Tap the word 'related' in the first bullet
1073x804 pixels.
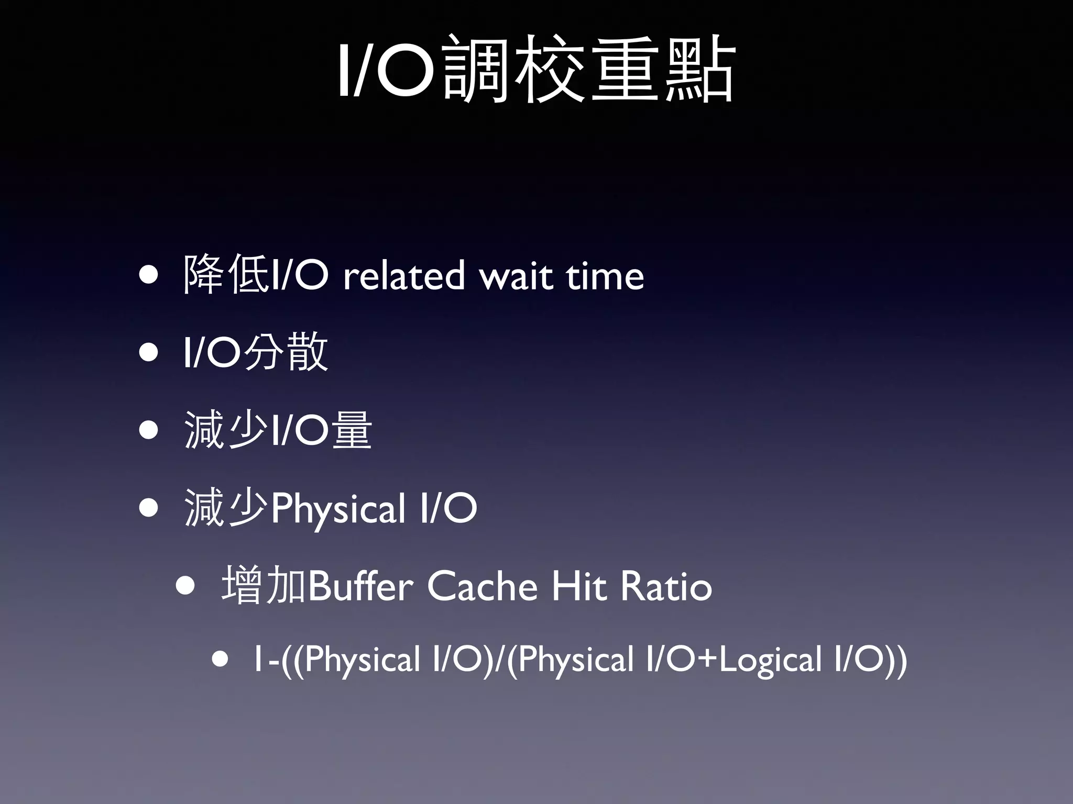pos(403,276)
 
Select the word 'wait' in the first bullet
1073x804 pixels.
pos(516,276)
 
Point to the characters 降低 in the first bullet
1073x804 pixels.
pos(226,274)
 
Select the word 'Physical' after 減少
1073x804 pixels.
pos(338,509)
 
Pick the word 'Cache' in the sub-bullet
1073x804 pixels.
pos(482,586)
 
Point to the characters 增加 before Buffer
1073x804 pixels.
pos(264,585)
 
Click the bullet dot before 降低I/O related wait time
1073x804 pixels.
pos(149,276)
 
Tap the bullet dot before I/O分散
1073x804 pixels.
pos(149,353)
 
